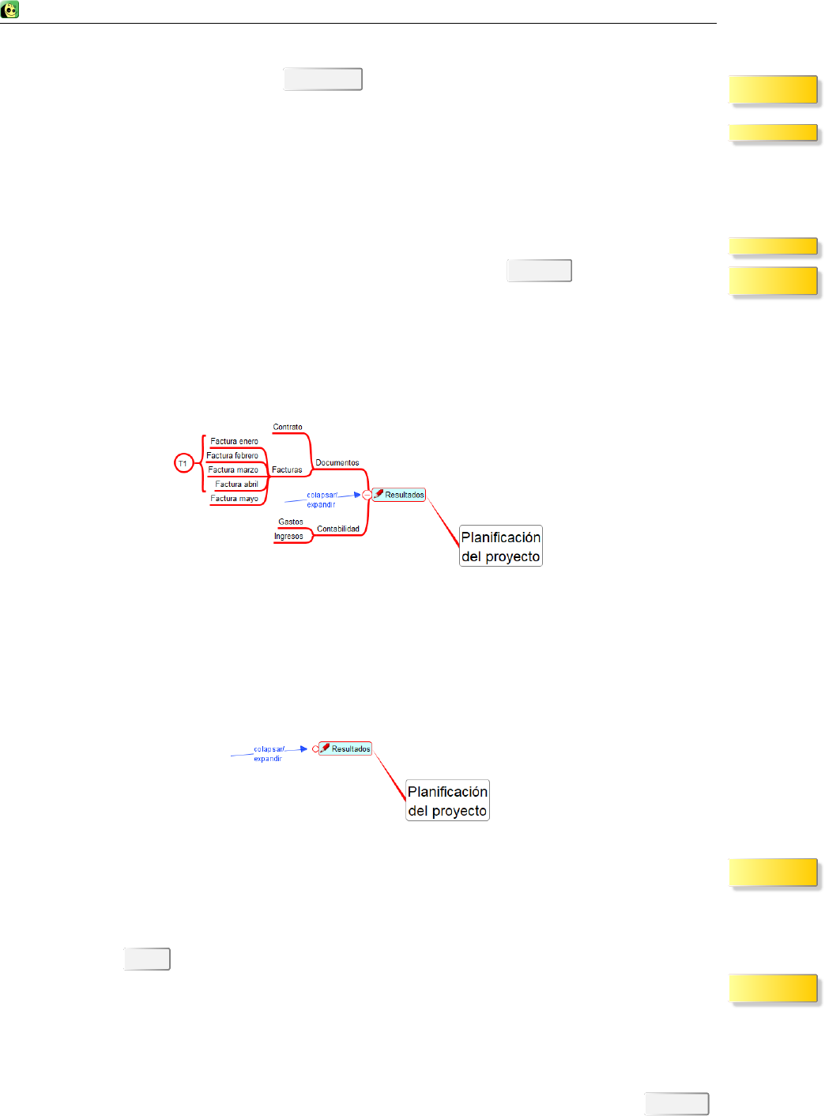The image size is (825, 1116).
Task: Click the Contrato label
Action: click(288, 427)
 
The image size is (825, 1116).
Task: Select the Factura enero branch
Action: click(234, 441)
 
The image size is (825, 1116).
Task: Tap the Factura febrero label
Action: click(232, 455)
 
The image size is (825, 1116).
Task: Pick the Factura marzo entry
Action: click(233, 469)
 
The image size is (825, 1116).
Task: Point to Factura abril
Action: click(236, 484)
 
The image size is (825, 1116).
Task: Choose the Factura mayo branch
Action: click(234, 498)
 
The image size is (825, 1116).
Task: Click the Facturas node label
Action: click(287, 469)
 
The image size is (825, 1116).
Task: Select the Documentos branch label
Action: click(337, 462)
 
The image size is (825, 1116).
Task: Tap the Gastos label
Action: click(291, 522)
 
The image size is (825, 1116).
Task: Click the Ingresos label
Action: click(288, 536)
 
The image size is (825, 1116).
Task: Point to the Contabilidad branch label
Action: click(338, 529)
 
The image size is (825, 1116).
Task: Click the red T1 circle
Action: click(183, 463)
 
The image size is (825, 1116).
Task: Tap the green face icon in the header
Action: click(10, 10)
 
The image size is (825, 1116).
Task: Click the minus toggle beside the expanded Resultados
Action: click(367, 495)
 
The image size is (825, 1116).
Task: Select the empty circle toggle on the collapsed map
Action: click(315, 748)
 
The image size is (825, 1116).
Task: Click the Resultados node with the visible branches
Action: click(400, 495)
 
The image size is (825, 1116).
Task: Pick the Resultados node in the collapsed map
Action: click(346, 748)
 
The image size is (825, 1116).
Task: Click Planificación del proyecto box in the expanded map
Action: click(501, 546)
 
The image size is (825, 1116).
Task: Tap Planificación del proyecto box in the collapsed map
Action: click(447, 801)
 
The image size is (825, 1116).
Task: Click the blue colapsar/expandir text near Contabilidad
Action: click(322, 500)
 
